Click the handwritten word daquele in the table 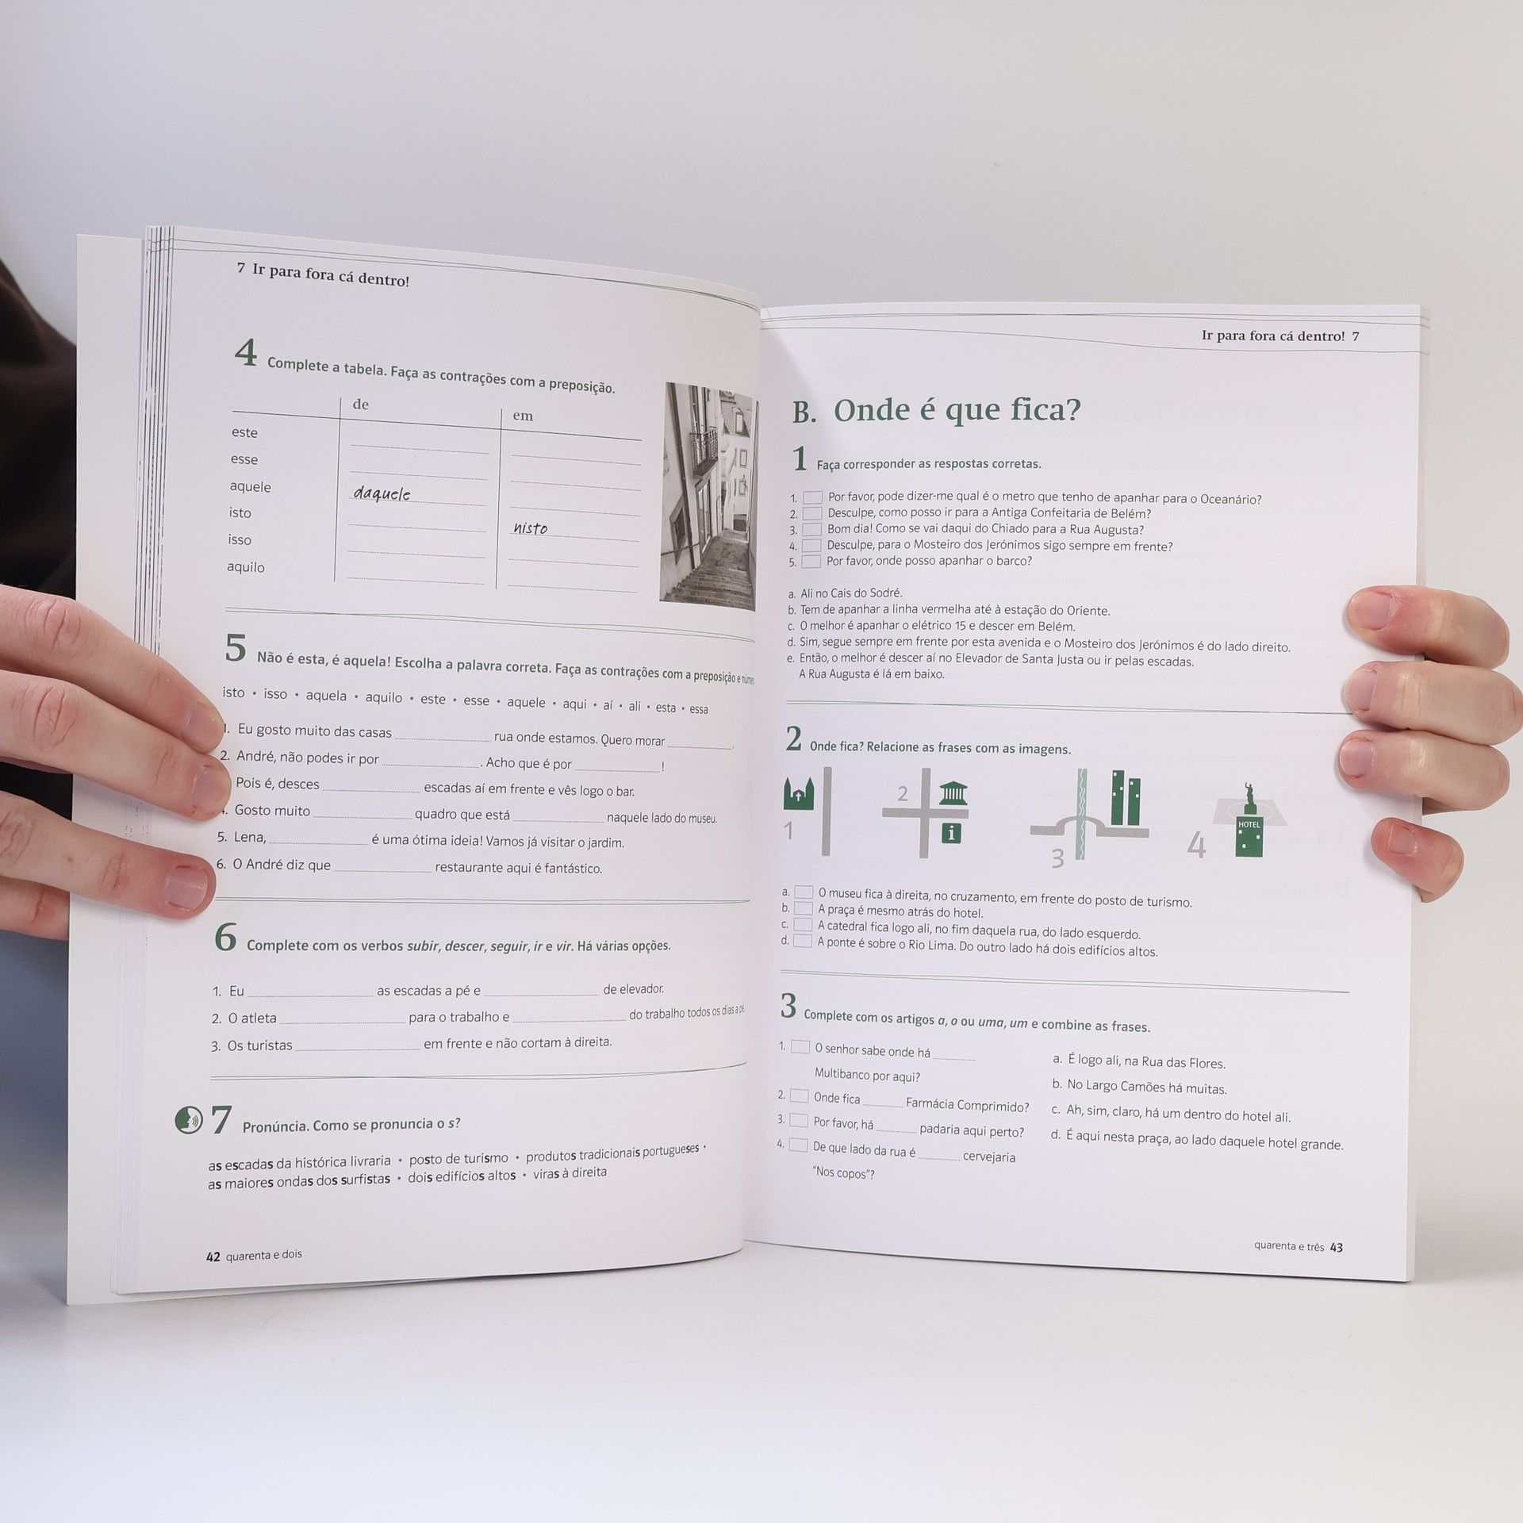point(382,493)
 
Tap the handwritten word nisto point(530,527)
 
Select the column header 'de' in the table point(360,405)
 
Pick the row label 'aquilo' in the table point(246,567)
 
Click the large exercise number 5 point(236,647)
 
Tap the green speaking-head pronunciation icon point(189,1120)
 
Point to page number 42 point(213,1256)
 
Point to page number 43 point(1337,1247)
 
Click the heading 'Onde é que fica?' point(957,410)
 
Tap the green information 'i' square point(949,833)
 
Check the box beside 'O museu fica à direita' point(804,892)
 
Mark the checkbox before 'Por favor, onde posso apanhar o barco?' point(811,561)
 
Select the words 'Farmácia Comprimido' point(967,1105)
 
